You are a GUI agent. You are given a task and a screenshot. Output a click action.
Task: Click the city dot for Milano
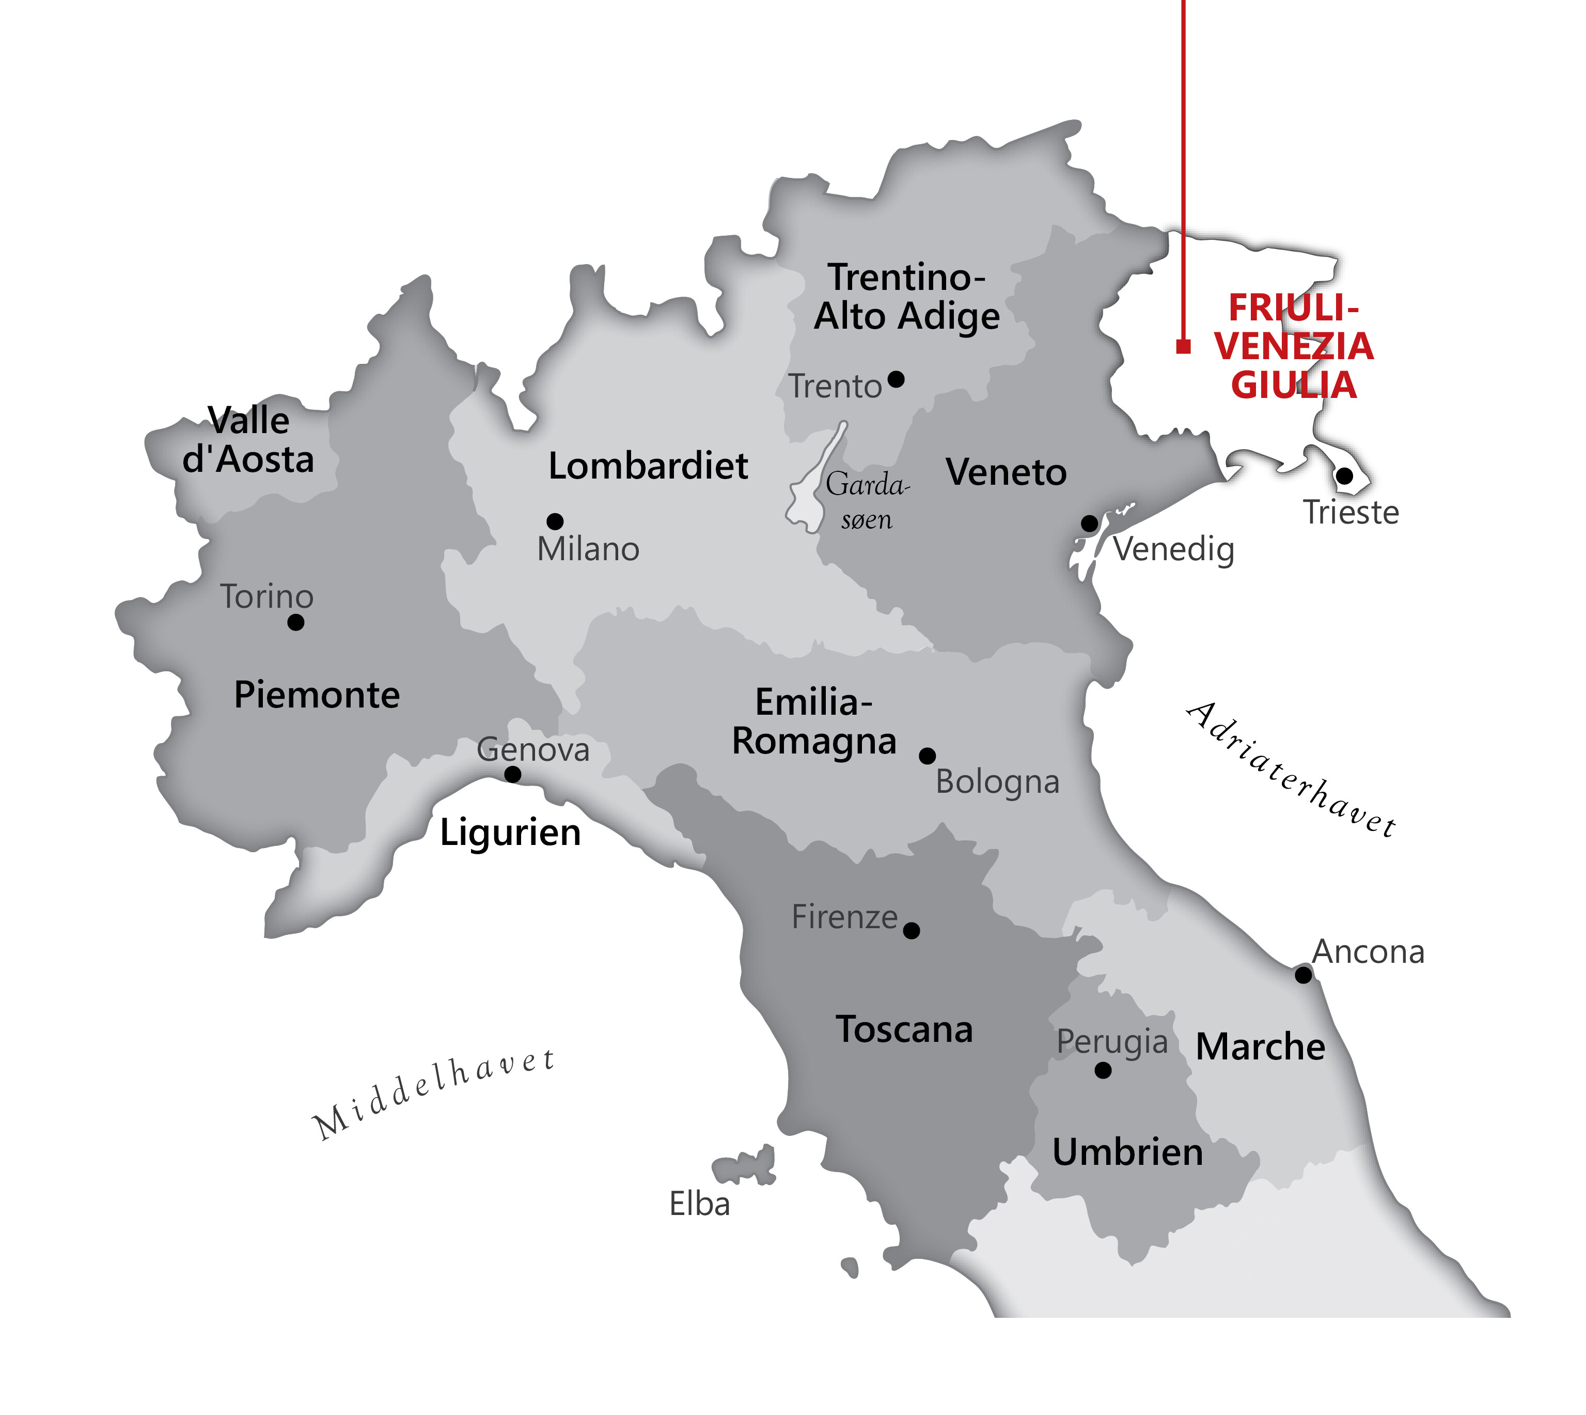click(x=555, y=521)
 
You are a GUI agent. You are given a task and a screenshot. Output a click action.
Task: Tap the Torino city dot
click(x=295, y=622)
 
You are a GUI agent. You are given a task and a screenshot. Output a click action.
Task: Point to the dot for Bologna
click(x=927, y=756)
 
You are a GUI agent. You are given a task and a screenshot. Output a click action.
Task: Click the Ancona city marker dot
click(x=1303, y=974)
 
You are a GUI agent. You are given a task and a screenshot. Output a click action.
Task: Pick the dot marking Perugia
click(x=1103, y=1071)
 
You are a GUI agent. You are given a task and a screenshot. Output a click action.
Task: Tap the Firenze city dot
click(x=912, y=931)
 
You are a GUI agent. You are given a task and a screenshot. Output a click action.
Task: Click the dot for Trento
click(x=896, y=379)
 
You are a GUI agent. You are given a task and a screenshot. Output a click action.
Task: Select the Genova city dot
click(x=513, y=774)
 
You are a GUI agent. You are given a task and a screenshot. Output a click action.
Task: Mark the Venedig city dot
click(x=1090, y=523)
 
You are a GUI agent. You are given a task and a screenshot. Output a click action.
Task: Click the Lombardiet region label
click(x=648, y=466)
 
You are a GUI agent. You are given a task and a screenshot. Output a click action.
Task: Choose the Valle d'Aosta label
click(x=248, y=440)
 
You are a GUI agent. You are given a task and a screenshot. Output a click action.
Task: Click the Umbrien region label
click(x=1127, y=1152)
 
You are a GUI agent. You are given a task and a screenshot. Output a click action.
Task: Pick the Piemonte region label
click(x=316, y=694)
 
